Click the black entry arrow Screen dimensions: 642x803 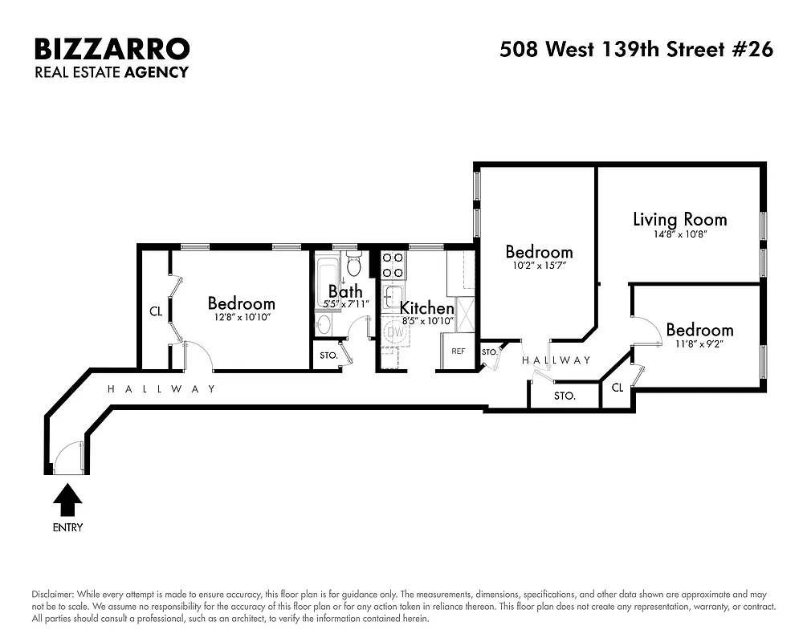(67, 501)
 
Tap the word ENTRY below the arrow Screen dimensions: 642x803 (67, 528)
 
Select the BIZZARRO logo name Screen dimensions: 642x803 (112, 49)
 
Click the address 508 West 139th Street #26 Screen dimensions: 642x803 (636, 50)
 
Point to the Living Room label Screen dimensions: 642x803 (679, 219)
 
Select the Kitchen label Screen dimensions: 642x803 (426, 308)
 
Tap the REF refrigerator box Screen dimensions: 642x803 (458, 351)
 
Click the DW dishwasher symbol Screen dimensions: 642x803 (394, 331)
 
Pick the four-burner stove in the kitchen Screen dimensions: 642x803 (393, 264)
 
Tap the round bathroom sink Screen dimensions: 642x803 (324, 324)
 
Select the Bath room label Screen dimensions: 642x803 (345, 291)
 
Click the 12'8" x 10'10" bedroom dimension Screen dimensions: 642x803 (241, 318)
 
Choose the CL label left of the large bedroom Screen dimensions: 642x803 (156, 311)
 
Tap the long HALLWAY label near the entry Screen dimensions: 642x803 (161, 389)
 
